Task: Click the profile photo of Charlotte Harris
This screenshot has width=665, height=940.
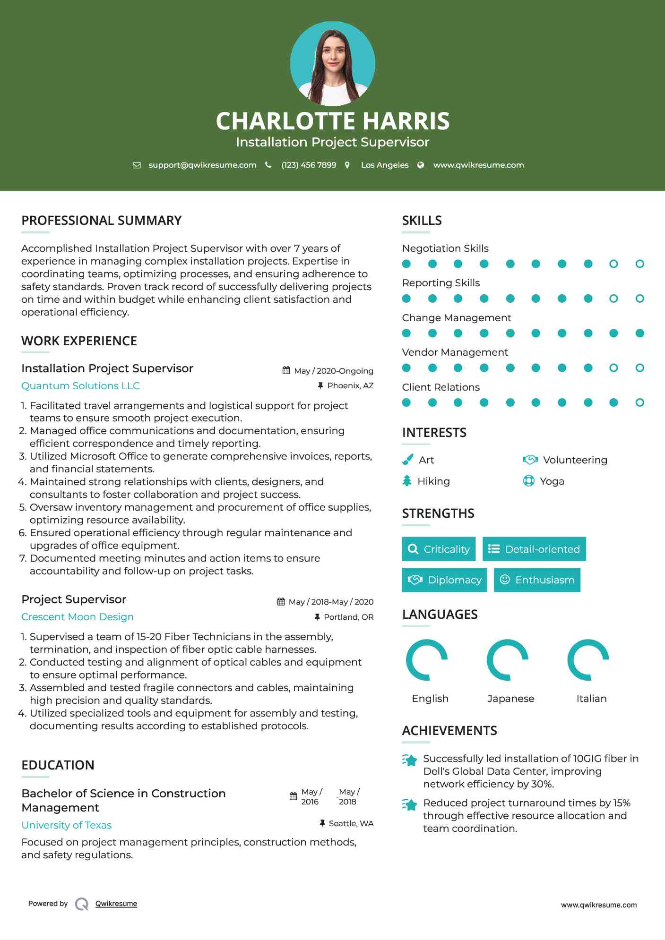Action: (332, 64)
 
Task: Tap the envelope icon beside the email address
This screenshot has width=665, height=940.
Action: (137, 165)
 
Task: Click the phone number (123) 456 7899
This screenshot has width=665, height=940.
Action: (309, 165)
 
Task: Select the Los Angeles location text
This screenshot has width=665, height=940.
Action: (384, 165)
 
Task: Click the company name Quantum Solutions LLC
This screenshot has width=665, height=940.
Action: (80, 386)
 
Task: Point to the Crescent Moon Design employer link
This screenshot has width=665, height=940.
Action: (78, 617)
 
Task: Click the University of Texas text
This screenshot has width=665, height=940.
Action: (66, 825)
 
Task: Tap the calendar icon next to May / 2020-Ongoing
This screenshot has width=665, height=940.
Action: (286, 371)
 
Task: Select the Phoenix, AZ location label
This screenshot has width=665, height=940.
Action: (350, 386)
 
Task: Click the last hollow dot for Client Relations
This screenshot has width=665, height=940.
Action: (639, 402)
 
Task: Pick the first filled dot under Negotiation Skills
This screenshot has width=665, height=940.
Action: (406, 264)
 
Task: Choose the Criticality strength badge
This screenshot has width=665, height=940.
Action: (439, 549)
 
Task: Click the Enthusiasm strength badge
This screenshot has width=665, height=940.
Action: (537, 580)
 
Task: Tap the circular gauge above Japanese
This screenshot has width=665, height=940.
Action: (508, 660)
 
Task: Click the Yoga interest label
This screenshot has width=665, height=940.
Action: (552, 481)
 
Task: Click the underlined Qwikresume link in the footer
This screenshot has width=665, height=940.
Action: (116, 904)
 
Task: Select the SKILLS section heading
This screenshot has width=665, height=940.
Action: (422, 221)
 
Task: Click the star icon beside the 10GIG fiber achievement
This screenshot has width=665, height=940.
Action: (410, 760)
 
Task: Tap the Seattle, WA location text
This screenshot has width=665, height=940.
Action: (351, 824)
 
